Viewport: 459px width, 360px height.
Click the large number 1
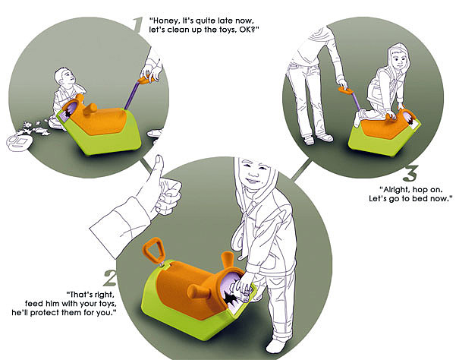click(137, 24)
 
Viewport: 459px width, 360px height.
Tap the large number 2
click(110, 278)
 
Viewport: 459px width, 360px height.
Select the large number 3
click(410, 173)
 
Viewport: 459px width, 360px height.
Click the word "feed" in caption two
click(34, 304)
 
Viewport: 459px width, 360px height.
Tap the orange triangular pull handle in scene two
click(152, 248)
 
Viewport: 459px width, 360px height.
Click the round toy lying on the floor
click(19, 143)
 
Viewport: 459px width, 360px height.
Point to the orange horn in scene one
click(90, 109)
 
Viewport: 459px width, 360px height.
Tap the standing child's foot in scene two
click(275, 346)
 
